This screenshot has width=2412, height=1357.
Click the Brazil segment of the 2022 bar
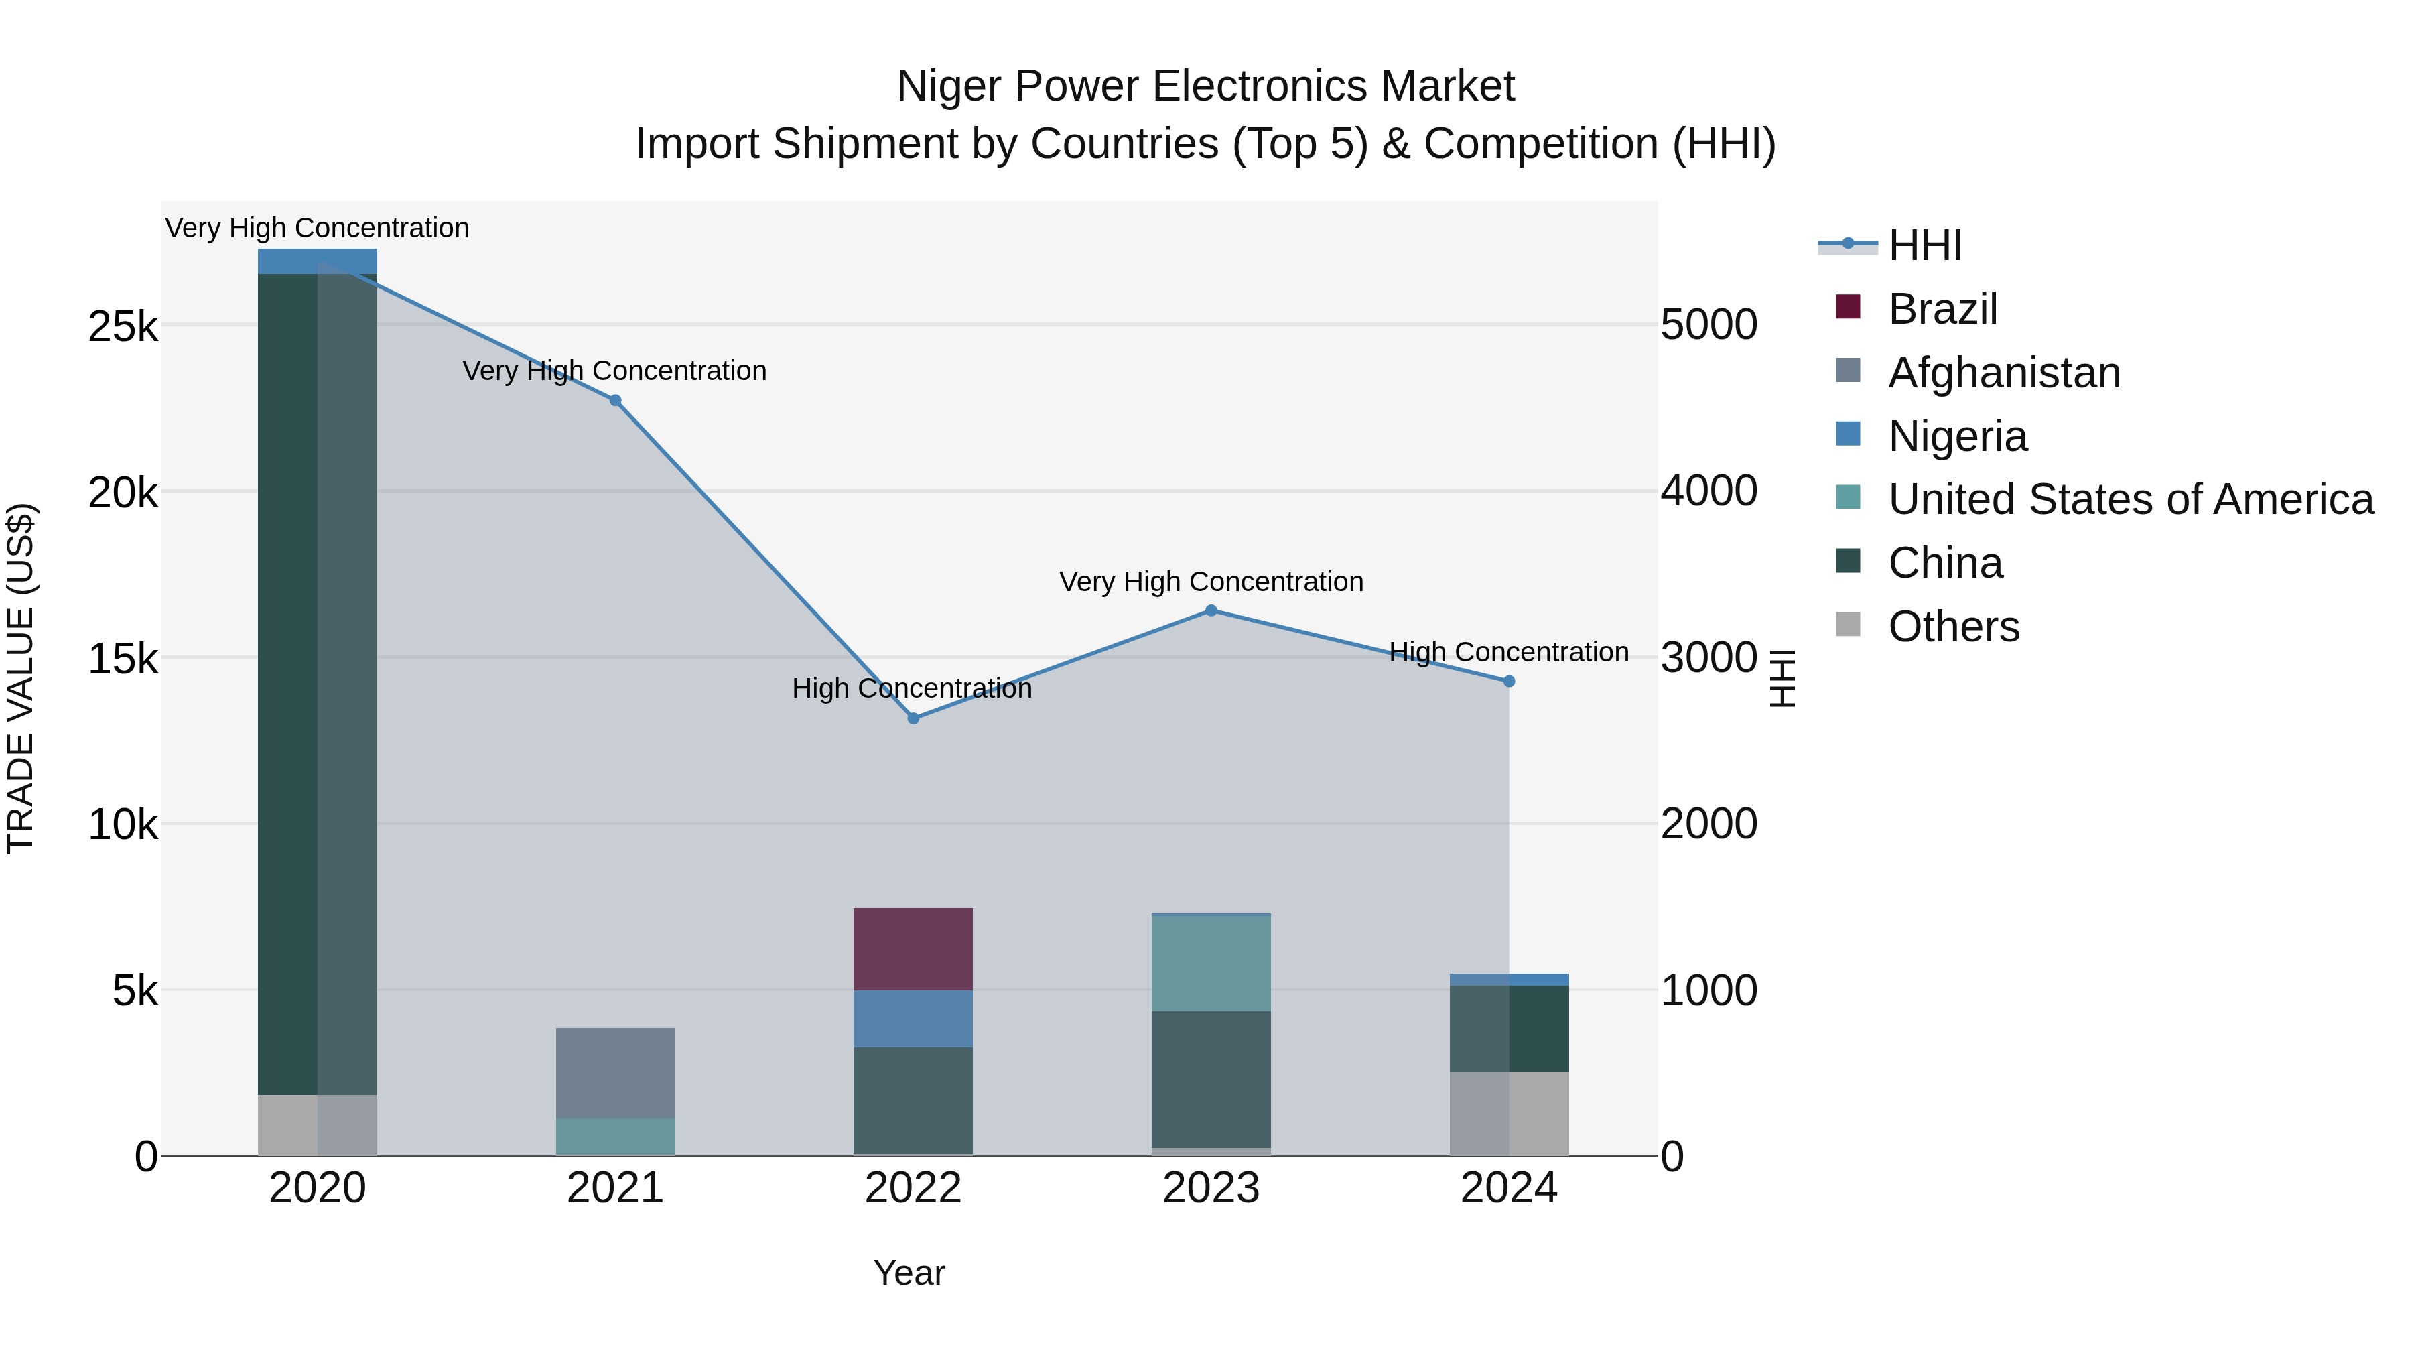pyautogui.click(x=913, y=949)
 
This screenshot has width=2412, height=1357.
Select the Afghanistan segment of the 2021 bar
pyautogui.click(x=615, y=1072)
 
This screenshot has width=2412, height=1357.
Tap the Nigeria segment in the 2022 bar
pyautogui.click(x=913, y=1018)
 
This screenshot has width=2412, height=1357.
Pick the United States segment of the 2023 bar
pyautogui.click(x=1211, y=963)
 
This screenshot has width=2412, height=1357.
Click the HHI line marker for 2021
pyautogui.click(x=615, y=401)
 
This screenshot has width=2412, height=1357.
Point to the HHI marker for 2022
pyautogui.click(x=914, y=718)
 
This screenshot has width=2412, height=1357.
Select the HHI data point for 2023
pyautogui.click(x=1211, y=610)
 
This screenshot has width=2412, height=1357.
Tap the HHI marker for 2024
pyautogui.click(x=1508, y=682)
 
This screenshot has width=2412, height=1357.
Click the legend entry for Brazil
pyautogui.click(x=1942, y=309)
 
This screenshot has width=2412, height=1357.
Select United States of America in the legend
pyautogui.click(x=2130, y=499)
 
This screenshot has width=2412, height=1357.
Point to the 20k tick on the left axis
pyautogui.click(x=123, y=493)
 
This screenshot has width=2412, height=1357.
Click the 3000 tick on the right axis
pyautogui.click(x=1708, y=658)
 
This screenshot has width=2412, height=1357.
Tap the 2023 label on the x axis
pyautogui.click(x=1211, y=1188)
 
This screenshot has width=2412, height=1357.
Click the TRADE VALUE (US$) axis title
pyautogui.click(x=21, y=678)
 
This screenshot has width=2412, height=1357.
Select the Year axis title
pyautogui.click(x=909, y=1273)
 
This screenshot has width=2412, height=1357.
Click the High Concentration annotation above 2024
pyautogui.click(x=1508, y=652)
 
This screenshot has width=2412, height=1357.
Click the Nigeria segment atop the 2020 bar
pyautogui.click(x=318, y=261)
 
